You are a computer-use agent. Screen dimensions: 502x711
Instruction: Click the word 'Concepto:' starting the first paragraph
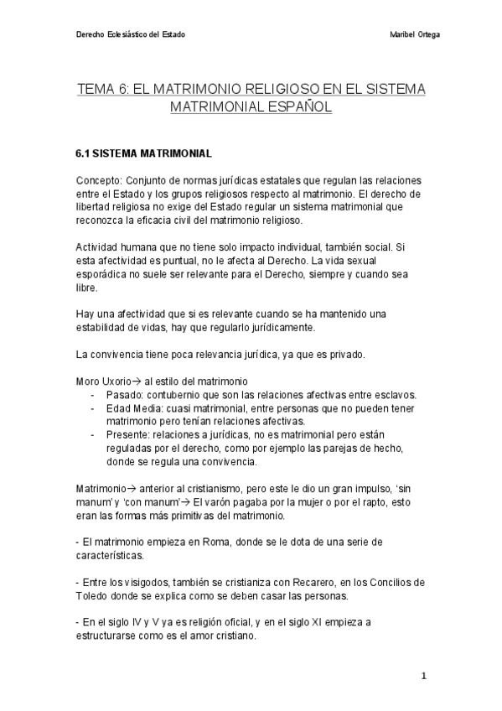97,181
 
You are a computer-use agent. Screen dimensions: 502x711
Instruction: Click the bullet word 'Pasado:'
123,395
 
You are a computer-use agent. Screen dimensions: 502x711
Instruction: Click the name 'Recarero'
299,583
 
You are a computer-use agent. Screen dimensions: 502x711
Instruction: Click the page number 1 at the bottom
424,676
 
